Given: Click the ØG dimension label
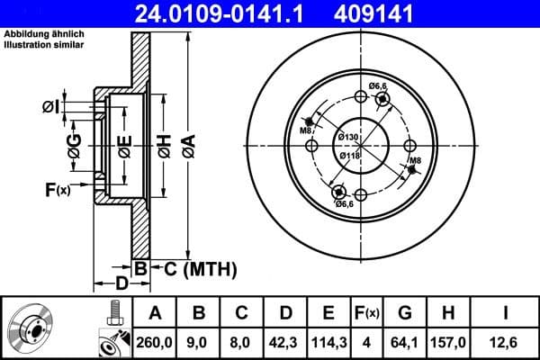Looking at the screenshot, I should click(x=76, y=144).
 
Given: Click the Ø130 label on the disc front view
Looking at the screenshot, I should click(x=348, y=136).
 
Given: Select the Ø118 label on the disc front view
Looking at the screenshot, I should click(x=348, y=155).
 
